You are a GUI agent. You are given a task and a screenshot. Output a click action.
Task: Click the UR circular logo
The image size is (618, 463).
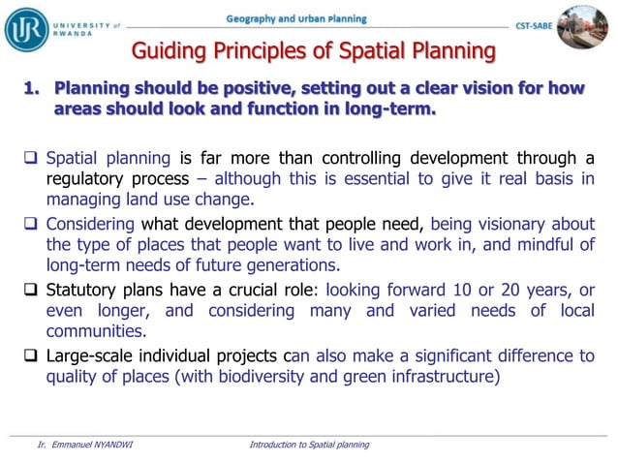pyautogui.click(x=26, y=28)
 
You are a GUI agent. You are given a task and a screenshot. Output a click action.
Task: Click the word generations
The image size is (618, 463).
pyautogui.click(x=294, y=265)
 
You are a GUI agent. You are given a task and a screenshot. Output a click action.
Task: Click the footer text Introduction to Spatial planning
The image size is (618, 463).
pyautogui.click(x=309, y=445)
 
